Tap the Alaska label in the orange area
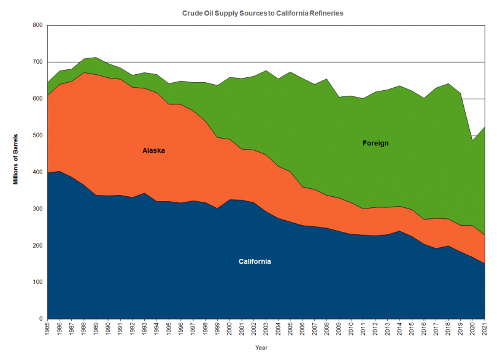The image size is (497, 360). coord(153,150)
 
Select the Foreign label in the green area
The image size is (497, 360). coord(376,144)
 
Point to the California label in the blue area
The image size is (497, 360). coord(255,262)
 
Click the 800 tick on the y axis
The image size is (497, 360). coord(36,25)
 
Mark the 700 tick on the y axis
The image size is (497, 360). coord(36,62)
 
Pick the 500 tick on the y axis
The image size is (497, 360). coord(36,136)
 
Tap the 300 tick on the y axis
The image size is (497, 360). coord(36,209)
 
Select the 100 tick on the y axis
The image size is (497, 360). coord(36,283)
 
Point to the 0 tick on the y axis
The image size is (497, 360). coord(40,320)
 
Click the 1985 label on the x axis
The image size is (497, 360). coord(47,330)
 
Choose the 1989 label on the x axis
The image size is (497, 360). coord(96,330)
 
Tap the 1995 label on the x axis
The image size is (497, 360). coord(168,330)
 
